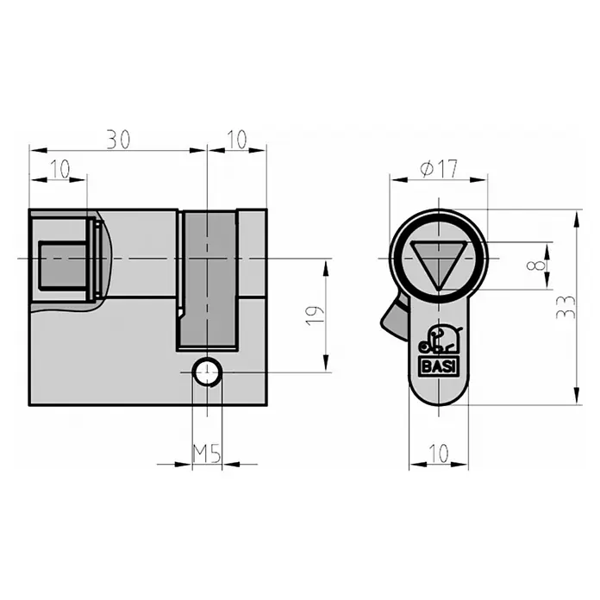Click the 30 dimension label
(x=118, y=140)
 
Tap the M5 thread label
(x=207, y=453)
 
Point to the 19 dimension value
(x=315, y=316)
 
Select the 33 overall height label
(x=566, y=307)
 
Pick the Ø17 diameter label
(x=439, y=169)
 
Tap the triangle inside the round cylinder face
(x=439, y=263)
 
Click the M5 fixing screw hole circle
(x=207, y=372)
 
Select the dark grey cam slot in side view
(x=208, y=280)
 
